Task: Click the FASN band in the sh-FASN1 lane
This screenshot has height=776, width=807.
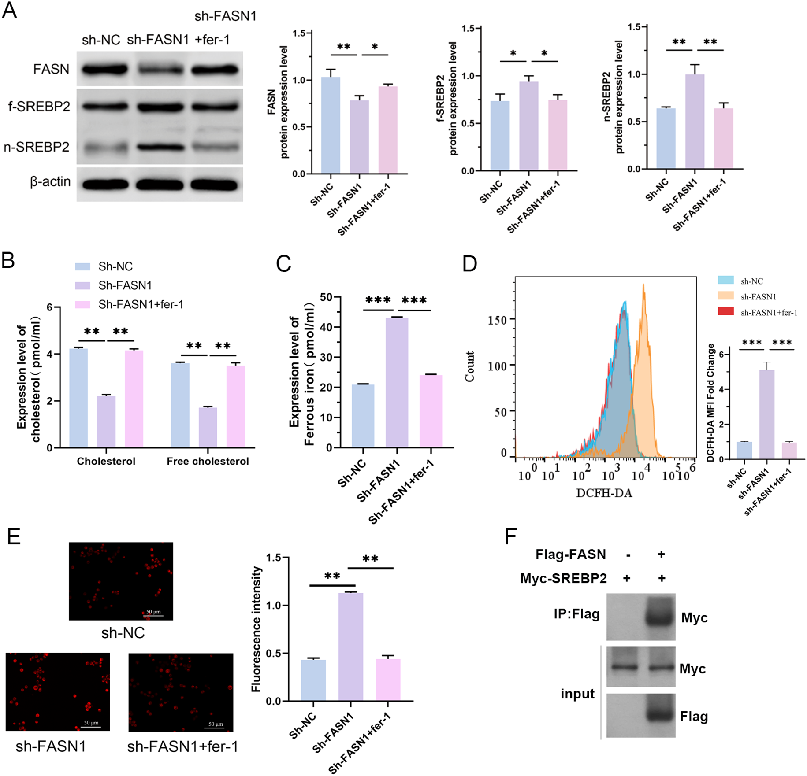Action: (159, 69)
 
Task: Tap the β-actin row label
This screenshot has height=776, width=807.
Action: (50, 181)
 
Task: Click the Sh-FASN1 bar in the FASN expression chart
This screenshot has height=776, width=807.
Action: (359, 137)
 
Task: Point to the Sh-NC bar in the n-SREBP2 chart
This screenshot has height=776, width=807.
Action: (666, 139)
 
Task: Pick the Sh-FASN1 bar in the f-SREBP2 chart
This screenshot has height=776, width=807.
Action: (528, 126)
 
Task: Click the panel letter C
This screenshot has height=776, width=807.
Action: (283, 264)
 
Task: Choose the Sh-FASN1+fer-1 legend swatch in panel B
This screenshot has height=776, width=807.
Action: (82, 305)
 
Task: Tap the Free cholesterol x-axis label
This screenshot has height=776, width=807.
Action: (208, 461)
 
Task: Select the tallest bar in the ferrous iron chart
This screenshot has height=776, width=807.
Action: (397, 382)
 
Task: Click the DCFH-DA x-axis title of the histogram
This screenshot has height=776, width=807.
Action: (604, 493)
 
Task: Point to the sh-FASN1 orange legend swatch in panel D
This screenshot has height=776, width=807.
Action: (725, 296)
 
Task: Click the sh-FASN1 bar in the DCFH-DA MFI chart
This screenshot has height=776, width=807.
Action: (767, 414)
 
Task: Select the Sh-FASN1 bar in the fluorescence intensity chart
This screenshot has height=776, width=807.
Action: (350, 647)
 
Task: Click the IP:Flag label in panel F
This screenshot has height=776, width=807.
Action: (576, 614)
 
